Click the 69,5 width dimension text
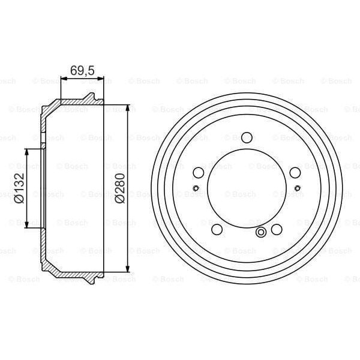point(82,70)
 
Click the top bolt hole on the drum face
point(247,137)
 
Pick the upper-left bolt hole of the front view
point(199,173)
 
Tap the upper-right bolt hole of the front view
point(295,173)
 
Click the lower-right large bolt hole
point(277,229)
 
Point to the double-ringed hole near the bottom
point(261,233)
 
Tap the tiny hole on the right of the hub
point(298,188)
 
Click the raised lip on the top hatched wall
point(89,96)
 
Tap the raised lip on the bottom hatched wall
point(89,280)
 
